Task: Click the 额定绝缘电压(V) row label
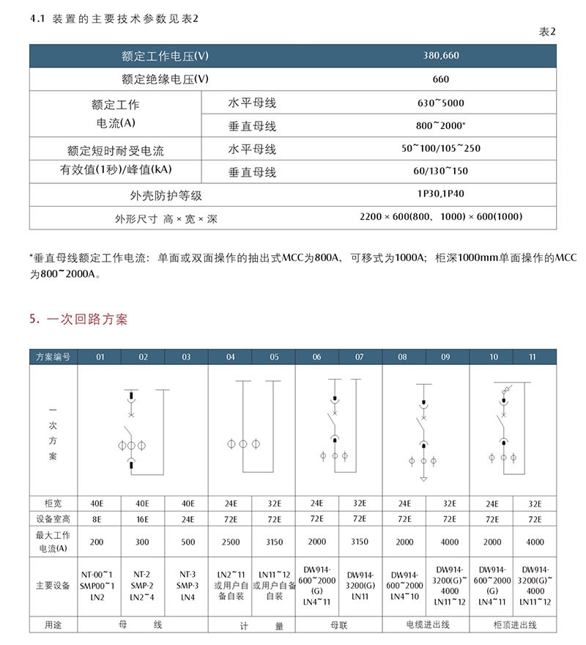pos(165,79)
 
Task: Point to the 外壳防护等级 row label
pos(165,196)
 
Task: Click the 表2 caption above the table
pos(547,32)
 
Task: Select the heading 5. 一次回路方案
pos(78,320)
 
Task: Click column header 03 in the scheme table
pos(186,357)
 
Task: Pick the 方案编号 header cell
pos(53,357)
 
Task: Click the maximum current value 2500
pos(230,542)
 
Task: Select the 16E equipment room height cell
pos(143,519)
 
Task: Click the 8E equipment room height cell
pos(100,519)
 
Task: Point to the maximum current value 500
pos(186,542)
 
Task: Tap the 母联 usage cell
pos(338,625)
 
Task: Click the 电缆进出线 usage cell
pos(425,625)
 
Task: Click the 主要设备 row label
pos(53,586)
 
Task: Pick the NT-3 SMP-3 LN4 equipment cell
pos(186,586)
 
